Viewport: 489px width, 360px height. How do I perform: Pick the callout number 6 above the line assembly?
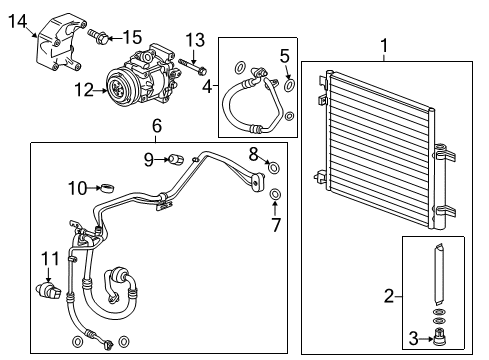tap(157, 125)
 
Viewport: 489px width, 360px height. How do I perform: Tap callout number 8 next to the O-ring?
tap(254, 152)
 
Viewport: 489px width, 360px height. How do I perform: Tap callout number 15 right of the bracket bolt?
tap(131, 37)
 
